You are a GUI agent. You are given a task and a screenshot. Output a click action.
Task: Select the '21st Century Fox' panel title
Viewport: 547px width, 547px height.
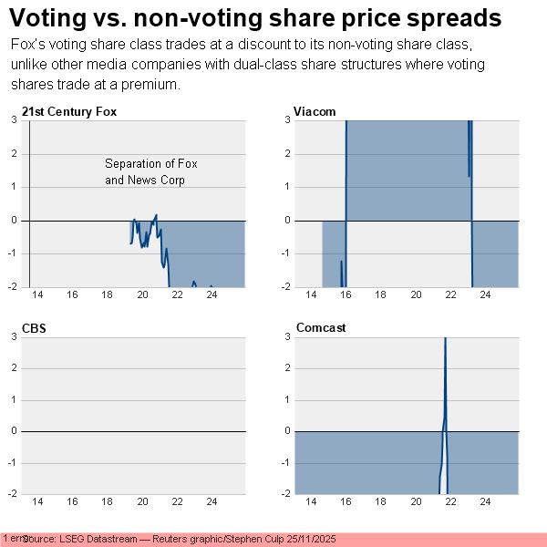[69, 111]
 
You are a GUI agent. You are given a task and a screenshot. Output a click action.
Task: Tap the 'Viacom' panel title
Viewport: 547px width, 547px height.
[315, 111]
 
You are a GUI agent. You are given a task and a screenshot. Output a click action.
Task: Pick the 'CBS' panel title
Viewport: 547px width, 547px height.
[34, 327]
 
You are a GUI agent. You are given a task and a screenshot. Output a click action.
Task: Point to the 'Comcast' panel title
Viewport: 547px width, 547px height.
[320, 327]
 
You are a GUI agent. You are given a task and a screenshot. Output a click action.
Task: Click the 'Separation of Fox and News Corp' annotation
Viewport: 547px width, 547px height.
[150, 172]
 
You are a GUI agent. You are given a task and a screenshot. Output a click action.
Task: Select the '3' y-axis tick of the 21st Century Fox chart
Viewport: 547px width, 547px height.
[13, 119]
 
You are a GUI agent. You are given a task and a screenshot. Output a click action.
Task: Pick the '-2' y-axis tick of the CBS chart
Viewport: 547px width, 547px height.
[11, 493]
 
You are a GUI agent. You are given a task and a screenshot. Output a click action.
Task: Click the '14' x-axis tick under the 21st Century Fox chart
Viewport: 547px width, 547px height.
[37, 295]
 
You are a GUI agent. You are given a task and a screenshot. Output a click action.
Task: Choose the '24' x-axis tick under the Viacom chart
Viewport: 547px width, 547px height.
[485, 295]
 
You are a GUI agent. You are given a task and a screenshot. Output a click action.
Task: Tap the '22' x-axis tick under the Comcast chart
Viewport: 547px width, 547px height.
[450, 502]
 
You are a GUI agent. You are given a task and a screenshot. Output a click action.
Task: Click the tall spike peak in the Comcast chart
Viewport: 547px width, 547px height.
[445, 339]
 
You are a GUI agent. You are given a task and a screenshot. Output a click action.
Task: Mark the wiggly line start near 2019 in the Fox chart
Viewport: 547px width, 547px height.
[131, 243]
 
